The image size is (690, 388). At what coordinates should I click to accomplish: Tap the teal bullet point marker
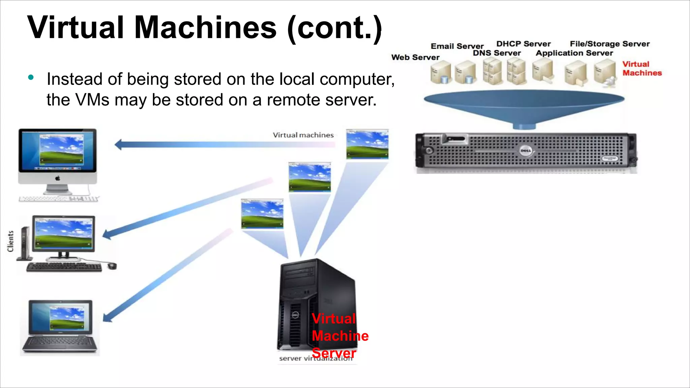point(31,77)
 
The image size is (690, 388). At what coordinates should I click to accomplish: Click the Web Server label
point(415,57)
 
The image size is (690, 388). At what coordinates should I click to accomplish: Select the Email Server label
point(457,46)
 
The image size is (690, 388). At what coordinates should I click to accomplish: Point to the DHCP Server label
point(523,44)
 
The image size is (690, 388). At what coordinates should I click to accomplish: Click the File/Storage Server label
point(609,44)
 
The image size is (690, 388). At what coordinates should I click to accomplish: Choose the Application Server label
point(574,53)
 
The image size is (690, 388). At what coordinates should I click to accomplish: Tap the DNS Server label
point(497,53)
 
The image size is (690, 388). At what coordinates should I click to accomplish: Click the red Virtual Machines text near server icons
point(641,68)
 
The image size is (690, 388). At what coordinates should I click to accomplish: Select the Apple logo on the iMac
point(58,178)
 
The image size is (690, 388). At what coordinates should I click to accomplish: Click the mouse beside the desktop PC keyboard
point(112,266)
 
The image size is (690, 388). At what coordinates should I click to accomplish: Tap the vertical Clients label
point(10,241)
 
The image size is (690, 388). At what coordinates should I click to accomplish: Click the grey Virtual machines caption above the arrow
point(303,135)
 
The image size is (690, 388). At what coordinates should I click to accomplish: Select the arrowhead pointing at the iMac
point(118,145)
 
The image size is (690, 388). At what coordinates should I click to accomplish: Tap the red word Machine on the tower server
point(340,336)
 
